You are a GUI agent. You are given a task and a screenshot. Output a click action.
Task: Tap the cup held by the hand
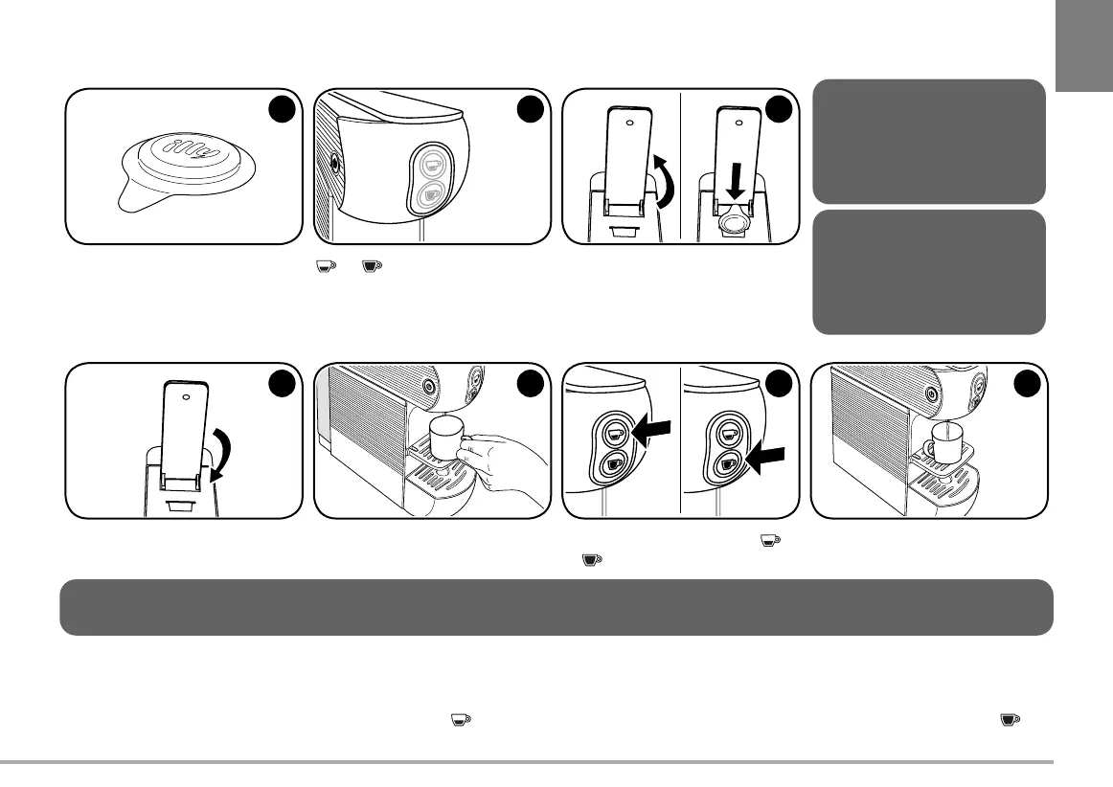(x=448, y=439)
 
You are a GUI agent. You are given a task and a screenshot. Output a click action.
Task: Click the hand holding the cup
(x=508, y=460)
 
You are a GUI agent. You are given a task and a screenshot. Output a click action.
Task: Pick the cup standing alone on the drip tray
(x=945, y=441)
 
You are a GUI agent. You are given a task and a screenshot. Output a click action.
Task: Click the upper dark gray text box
(x=928, y=141)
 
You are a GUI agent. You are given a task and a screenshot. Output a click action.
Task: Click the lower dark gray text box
(x=928, y=272)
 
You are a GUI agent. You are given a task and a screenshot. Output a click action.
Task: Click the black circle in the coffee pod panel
(x=279, y=110)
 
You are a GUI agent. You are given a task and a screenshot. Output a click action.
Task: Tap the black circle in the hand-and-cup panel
(x=528, y=384)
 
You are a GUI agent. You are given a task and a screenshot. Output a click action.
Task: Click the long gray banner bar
(x=556, y=607)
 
